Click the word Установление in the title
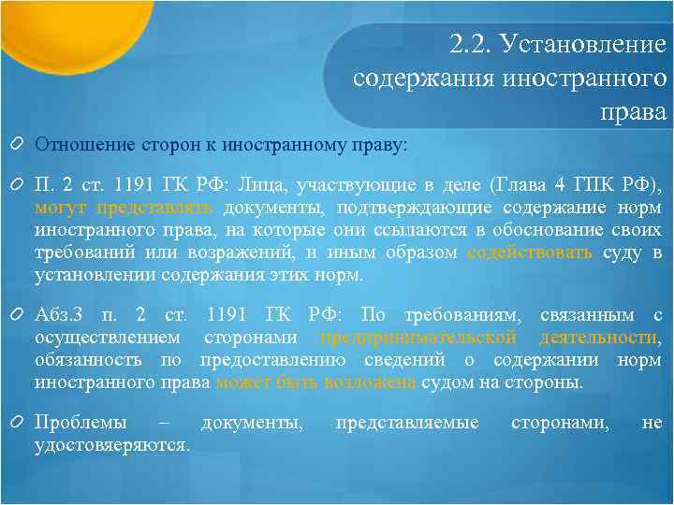pos(584,44)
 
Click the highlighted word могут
pos(61,207)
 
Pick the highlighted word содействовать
pos(528,252)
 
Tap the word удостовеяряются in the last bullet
pos(111,445)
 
